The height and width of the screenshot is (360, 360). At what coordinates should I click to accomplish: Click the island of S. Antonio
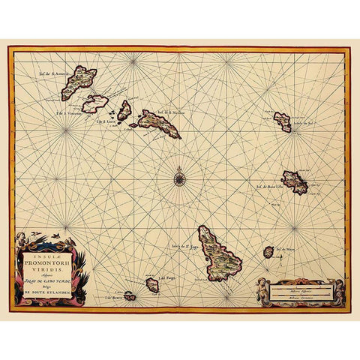click(x=79, y=82)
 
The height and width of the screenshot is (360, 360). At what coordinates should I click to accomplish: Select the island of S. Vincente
click(x=95, y=103)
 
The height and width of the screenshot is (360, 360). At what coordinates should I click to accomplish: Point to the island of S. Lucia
click(x=124, y=110)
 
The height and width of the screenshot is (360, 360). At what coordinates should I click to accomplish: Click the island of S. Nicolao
click(x=157, y=124)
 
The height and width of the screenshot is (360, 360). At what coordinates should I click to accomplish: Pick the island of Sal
click(x=282, y=121)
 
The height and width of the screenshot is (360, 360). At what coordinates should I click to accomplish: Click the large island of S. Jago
click(x=218, y=251)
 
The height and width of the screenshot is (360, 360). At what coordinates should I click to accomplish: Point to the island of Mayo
click(x=268, y=252)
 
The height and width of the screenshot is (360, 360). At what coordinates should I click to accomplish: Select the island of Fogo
click(x=152, y=285)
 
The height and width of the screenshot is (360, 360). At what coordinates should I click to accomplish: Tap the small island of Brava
click(x=129, y=295)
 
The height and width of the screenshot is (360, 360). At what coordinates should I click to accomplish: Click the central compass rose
click(x=180, y=178)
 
